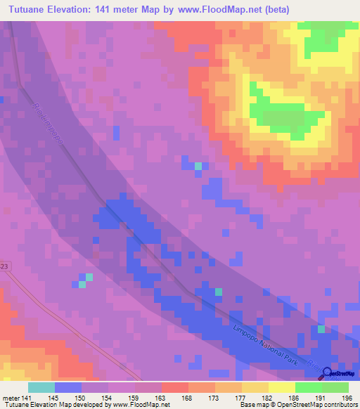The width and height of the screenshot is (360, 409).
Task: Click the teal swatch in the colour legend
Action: pos(41,387)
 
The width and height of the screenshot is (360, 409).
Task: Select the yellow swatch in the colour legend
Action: pos(282,387)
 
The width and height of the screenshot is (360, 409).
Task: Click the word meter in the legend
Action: pos(12,398)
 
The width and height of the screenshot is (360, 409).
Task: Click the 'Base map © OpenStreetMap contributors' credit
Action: pos(296,405)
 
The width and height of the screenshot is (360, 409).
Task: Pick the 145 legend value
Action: pos(56,398)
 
